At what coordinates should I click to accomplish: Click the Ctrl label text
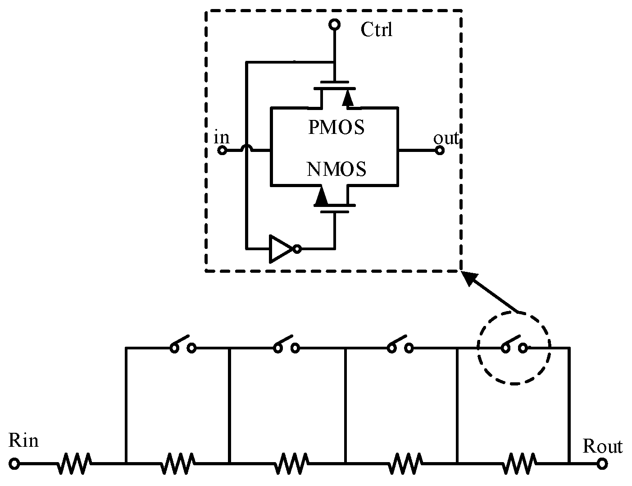click(x=376, y=30)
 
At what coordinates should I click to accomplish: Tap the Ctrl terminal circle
click(x=334, y=24)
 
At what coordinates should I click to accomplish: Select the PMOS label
click(x=336, y=128)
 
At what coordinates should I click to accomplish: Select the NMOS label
click(x=336, y=170)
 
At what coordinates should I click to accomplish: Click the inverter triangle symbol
click(x=280, y=248)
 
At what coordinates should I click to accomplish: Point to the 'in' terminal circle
click(x=222, y=150)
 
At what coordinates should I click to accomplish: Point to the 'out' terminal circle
click(x=440, y=150)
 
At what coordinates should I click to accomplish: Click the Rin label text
click(x=23, y=440)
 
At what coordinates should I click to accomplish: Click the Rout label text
click(x=602, y=446)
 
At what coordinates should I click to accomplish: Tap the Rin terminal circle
click(x=14, y=463)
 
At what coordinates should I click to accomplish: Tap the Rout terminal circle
click(x=602, y=463)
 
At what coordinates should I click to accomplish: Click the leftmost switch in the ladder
click(x=182, y=345)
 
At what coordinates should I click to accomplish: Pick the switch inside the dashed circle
click(x=514, y=345)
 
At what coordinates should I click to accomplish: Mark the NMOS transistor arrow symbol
click(x=321, y=196)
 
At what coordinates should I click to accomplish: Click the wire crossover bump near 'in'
click(x=246, y=148)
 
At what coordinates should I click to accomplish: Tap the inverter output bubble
click(x=296, y=248)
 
